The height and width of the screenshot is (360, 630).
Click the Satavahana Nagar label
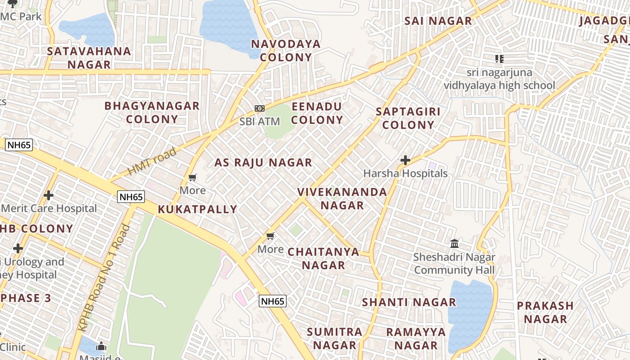click(x=89, y=58)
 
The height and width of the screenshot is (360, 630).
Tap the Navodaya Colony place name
click(x=286, y=50)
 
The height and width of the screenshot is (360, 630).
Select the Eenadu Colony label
click(x=317, y=113)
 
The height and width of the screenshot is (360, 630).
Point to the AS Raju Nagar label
click(x=263, y=162)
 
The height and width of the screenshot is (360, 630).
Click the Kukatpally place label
click(x=198, y=209)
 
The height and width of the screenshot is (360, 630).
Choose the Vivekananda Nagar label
click(x=342, y=198)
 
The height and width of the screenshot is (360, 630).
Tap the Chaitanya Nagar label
click(x=324, y=258)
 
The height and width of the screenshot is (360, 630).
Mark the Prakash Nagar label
click(x=545, y=312)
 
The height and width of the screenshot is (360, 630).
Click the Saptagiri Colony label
click(x=408, y=118)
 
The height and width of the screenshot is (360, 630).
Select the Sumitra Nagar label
click(x=334, y=338)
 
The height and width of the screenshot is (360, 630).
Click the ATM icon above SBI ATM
click(x=260, y=108)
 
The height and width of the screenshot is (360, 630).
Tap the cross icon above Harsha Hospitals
click(x=405, y=160)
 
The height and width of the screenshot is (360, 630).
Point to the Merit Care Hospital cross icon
click(x=49, y=195)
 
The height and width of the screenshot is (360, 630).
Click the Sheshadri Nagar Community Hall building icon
click(x=454, y=244)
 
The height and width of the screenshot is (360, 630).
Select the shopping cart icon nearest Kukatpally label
click(x=193, y=178)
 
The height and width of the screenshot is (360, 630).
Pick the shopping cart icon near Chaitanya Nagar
click(x=270, y=236)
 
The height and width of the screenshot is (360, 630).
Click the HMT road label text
click(x=152, y=162)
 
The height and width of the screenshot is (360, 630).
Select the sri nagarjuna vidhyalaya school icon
click(x=499, y=59)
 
